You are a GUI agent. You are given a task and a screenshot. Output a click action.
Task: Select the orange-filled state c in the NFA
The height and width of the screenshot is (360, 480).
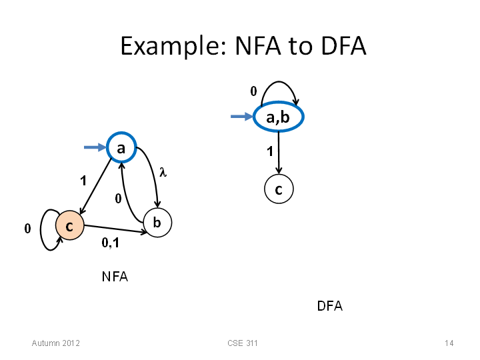click(x=70, y=225)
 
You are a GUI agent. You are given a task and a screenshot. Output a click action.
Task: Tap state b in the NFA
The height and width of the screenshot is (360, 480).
click(x=157, y=223)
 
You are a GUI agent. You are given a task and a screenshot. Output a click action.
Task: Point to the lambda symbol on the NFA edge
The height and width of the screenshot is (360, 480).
click(x=163, y=173)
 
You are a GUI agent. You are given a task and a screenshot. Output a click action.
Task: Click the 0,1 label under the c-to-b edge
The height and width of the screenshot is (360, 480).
click(x=110, y=243)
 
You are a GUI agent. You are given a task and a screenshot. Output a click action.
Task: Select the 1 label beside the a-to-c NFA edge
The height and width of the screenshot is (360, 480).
click(x=83, y=181)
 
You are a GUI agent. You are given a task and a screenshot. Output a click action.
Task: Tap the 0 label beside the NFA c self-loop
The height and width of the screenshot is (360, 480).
click(x=27, y=229)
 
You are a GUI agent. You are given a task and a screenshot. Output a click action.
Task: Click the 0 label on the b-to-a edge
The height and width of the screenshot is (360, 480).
click(x=118, y=199)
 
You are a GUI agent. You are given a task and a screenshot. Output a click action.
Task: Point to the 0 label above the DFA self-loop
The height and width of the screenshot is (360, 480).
click(x=253, y=91)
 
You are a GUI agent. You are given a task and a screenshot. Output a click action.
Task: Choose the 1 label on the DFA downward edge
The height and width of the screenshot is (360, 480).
click(x=270, y=151)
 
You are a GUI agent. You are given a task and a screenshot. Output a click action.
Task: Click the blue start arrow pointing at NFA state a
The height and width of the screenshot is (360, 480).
click(x=95, y=147)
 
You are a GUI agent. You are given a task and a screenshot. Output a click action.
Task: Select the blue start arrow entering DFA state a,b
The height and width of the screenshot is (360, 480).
click(x=242, y=116)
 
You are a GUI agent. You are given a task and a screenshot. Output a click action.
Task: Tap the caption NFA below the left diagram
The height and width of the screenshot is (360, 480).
click(x=115, y=277)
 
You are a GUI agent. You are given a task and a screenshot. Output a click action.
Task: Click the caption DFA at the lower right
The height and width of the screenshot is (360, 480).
click(x=330, y=306)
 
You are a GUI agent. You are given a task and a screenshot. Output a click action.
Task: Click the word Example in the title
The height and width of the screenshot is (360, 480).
click(x=174, y=46)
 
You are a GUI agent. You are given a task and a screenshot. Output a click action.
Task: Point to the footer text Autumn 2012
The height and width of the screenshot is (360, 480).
click(x=56, y=343)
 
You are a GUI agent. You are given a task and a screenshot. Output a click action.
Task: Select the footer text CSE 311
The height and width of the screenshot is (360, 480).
click(x=243, y=343)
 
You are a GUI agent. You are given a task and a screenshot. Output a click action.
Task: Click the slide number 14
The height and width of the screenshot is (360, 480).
click(x=449, y=343)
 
